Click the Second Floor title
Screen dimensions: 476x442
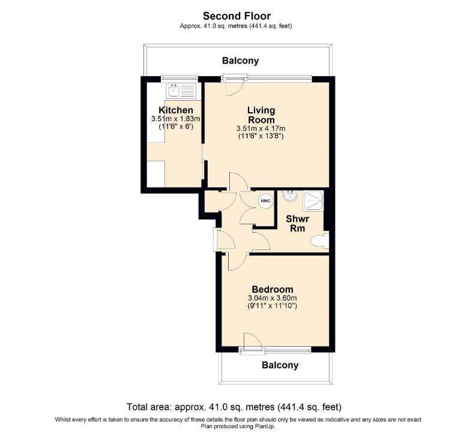pyautogui.click(x=236, y=16)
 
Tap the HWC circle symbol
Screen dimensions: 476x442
pyautogui.click(x=266, y=201)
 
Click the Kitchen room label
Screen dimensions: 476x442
pyautogui.click(x=176, y=110)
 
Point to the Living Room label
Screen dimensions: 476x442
pyautogui.click(x=261, y=115)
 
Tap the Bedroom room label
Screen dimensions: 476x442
pyautogui.click(x=273, y=289)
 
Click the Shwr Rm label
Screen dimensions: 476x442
pyautogui.click(x=298, y=223)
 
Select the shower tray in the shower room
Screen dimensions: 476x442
pyautogui.click(x=313, y=201)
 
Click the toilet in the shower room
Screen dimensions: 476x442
pyautogui.click(x=320, y=241)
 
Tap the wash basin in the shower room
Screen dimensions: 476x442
pyautogui.click(x=290, y=196)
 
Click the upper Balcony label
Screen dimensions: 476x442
pyautogui.click(x=241, y=61)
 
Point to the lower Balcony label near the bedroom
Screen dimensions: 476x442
pyautogui.click(x=280, y=365)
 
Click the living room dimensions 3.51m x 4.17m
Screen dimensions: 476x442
pyautogui.click(x=261, y=128)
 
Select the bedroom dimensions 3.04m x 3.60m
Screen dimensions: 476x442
pyautogui.click(x=273, y=298)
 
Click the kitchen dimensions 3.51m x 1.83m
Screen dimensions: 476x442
pyautogui.click(x=176, y=119)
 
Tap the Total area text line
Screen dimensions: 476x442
pyautogui.click(x=234, y=407)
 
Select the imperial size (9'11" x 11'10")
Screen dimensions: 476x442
pyautogui.click(x=273, y=305)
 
